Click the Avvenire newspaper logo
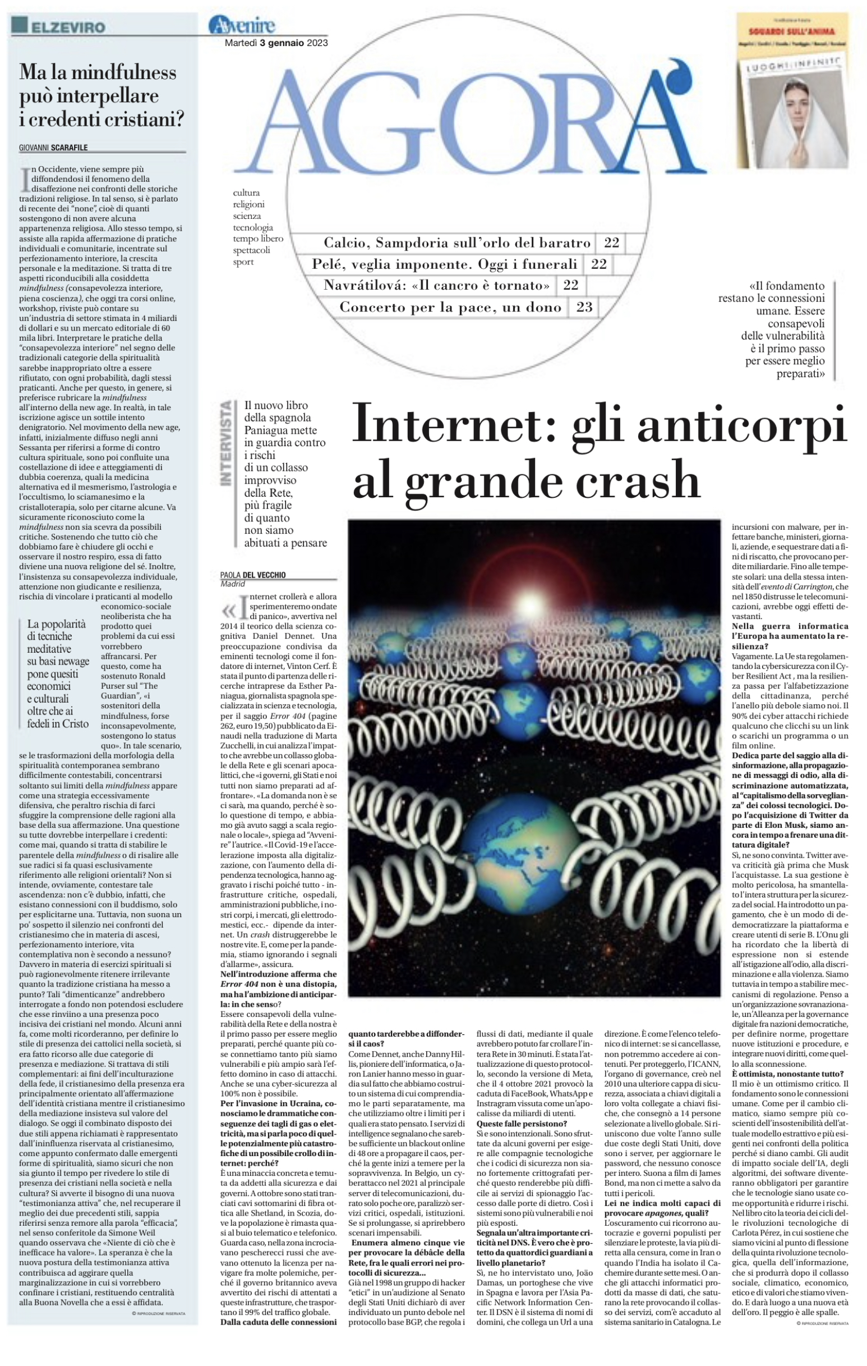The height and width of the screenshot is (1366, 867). tap(242, 25)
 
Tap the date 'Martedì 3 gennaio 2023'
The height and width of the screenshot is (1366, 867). tap(276, 43)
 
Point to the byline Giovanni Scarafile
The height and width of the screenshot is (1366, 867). tap(54, 148)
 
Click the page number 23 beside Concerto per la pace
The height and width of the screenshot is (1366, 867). tap(584, 307)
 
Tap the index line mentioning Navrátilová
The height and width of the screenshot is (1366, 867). tap(436, 285)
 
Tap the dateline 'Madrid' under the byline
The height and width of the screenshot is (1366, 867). tap(233, 584)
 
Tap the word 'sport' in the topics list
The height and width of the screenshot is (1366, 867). tap(243, 262)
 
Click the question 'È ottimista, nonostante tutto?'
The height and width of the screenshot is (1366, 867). tap(787, 1074)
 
